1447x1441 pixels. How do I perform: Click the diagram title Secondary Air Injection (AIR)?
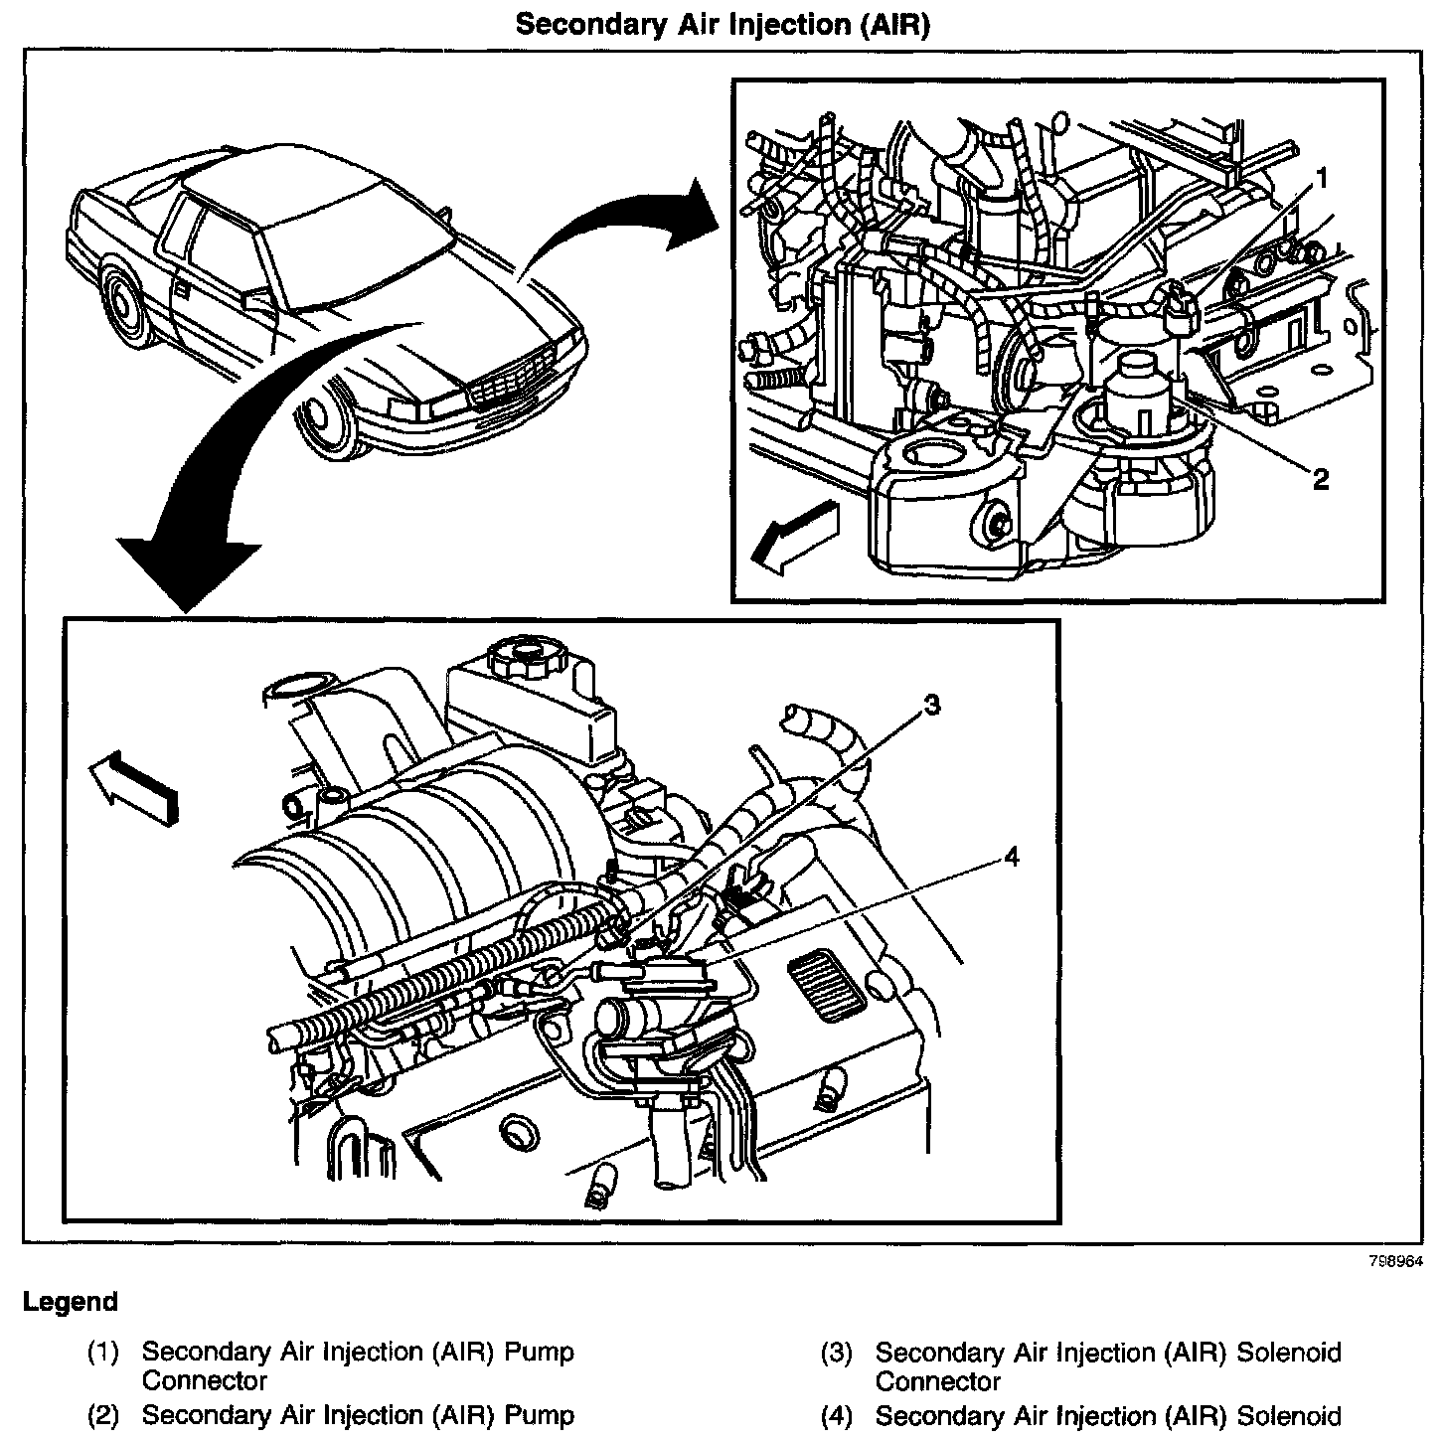coord(723,24)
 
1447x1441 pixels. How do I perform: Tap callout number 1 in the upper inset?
coord(1321,178)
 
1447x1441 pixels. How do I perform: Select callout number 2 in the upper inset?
coord(1321,480)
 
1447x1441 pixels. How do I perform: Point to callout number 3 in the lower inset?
coord(931,706)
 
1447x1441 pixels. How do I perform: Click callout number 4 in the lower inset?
coord(1011,856)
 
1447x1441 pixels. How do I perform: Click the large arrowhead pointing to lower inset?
coord(189,572)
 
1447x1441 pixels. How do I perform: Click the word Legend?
coord(70,1302)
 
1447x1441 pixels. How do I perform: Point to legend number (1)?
coord(102,1353)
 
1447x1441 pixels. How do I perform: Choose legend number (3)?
coord(836,1354)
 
